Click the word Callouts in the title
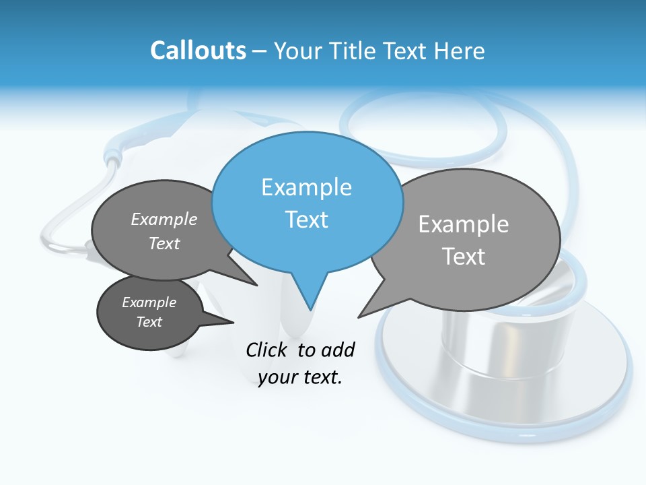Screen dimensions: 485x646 click(198, 51)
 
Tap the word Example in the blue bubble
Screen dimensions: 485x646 click(306, 187)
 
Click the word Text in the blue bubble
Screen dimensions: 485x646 click(307, 220)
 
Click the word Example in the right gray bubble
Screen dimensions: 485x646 click(464, 224)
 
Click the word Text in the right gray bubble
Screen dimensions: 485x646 click(464, 257)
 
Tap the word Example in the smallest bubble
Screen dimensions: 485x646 click(149, 302)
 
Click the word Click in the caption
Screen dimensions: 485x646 click(267, 350)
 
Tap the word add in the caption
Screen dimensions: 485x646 click(337, 350)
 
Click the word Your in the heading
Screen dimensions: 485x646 click(297, 51)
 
